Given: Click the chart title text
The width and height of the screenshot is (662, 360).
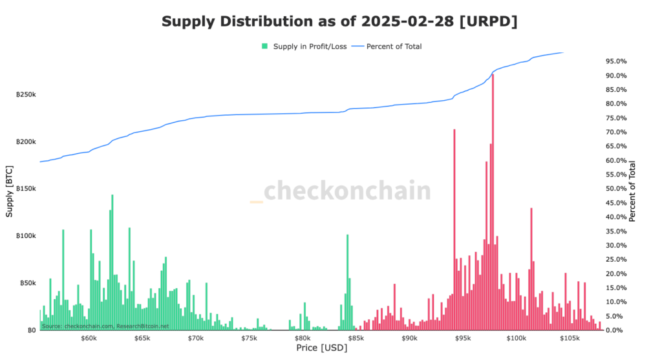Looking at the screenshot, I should tap(339, 22).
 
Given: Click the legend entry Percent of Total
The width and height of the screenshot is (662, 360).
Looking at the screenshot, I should tap(389, 46).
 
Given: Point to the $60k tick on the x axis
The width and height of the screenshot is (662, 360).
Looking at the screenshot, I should tap(89, 338).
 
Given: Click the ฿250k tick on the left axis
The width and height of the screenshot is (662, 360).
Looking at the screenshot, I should tap(26, 95).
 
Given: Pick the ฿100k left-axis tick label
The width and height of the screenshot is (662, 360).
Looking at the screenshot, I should tap(26, 236).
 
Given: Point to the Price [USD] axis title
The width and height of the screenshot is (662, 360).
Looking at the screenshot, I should tap(321, 349).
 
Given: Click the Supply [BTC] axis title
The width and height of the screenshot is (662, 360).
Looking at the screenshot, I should tap(9, 191).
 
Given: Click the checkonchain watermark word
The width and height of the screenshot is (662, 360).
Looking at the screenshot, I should tap(347, 191).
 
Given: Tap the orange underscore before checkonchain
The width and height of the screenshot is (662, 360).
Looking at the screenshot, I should tap(256, 202).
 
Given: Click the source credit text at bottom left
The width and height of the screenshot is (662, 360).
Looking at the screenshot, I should tap(105, 326).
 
